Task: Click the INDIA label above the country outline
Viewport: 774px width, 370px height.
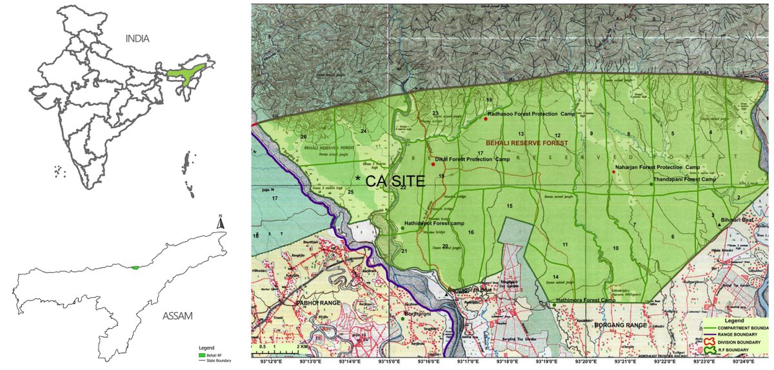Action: (x=137, y=39)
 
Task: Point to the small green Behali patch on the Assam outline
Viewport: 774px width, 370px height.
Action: (x=134, y=268)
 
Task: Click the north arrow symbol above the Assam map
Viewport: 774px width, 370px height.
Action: (x=221, y=222)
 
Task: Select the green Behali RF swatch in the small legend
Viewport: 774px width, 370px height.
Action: (x=203, y=355)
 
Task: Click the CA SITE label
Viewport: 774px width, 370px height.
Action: (x=395, y=182)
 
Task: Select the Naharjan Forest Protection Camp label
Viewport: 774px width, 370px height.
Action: (x=658, y=168)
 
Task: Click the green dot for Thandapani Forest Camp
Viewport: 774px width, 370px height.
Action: (x=651, y=184)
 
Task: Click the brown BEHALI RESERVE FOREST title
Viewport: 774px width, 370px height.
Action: (x=526, y=142)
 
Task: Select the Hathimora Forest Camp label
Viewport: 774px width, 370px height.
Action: (x=585, y=300)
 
